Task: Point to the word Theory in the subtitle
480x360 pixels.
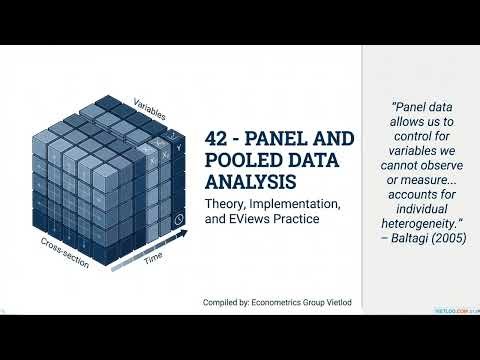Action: coord(227,204)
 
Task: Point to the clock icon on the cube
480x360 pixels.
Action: coord(178,219)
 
